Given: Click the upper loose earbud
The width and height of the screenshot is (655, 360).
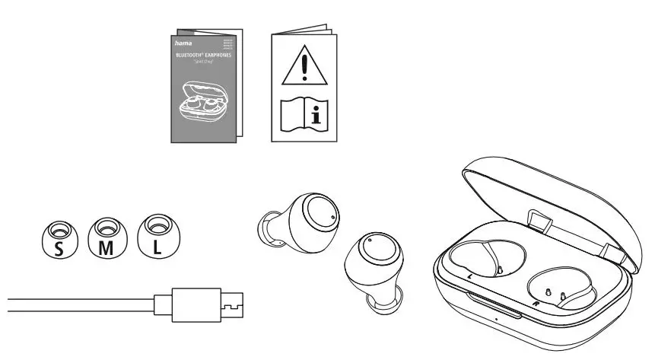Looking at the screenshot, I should pos(307,220).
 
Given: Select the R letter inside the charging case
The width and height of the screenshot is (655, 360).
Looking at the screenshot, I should pos(536,303).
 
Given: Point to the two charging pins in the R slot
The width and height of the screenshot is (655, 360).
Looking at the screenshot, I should pos(554,294).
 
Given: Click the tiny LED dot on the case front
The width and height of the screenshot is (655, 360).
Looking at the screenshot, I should pos(495,319).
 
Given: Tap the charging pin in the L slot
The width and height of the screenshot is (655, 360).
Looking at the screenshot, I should pos(500,269).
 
